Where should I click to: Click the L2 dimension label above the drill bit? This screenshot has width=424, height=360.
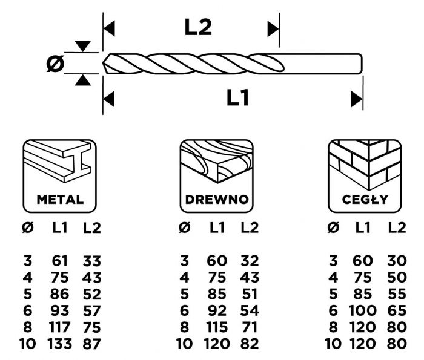(x=197, y=27)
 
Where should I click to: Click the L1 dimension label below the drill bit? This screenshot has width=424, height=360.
(x=238, y=99)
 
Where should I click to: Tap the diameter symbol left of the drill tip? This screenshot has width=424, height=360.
(x=55, y=63)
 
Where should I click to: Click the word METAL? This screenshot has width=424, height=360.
(x=59, y=200)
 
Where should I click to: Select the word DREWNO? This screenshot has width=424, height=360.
(x=216, y=200)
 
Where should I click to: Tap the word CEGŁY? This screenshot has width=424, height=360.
(x=365, y=200)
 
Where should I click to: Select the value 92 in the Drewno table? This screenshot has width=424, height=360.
(x=217, y=311)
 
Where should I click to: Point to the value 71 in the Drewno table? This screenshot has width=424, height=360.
(x=248, y=327)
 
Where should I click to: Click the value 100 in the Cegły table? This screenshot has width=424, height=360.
(x=363, y=311)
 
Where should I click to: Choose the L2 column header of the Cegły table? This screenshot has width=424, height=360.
(x=397, y=228)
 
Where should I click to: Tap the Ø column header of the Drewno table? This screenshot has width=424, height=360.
(x=185, y=228)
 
